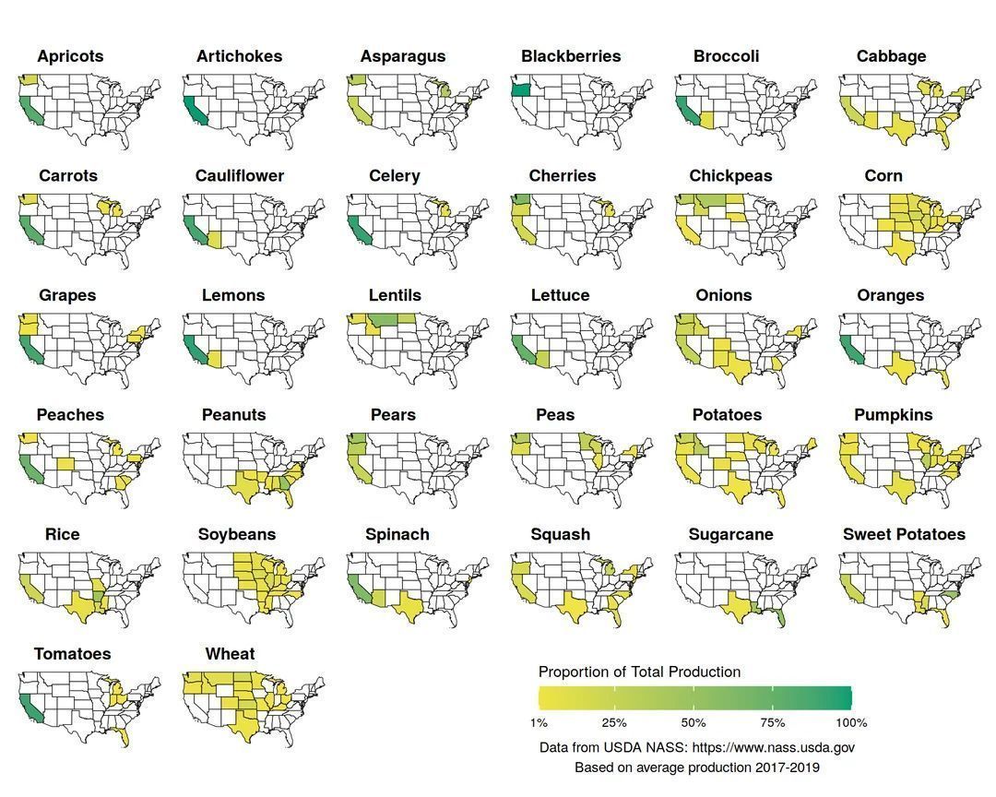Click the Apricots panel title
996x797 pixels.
click(70, 56)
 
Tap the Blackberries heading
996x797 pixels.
click(571, 56)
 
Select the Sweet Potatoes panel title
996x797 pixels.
click(904, 534)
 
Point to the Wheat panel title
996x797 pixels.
click(230, 654)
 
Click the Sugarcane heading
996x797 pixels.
click(730, 534)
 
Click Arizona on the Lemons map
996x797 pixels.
click(214, 358)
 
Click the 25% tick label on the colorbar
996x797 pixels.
click(614, 722)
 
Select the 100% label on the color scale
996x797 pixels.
click(850, 722)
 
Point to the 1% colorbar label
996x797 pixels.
click(539, 722)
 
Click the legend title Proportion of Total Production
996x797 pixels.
click(639, 672)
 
